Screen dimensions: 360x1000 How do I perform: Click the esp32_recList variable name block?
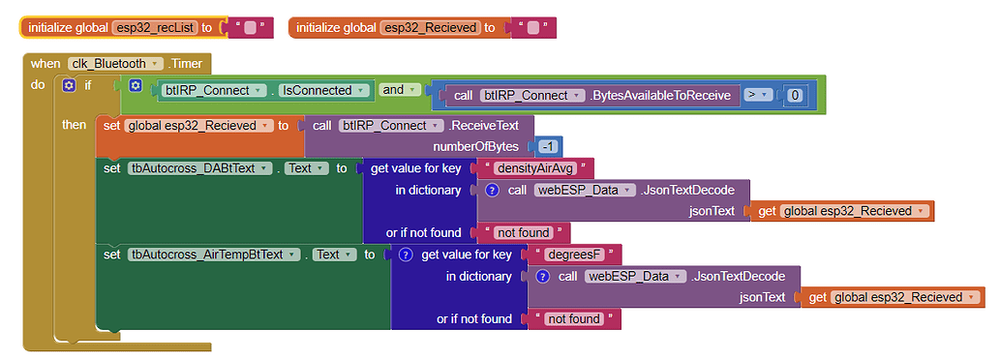point(154,28)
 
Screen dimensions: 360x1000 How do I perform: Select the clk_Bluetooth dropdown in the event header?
point(114,64)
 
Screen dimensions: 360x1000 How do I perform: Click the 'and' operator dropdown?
point(398,90)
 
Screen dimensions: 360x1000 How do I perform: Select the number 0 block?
point(794,95)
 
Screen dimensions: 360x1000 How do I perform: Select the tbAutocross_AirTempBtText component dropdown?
point(212,255)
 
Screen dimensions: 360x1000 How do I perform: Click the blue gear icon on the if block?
point(69,85)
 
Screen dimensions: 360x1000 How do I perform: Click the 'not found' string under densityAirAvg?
point(522,232)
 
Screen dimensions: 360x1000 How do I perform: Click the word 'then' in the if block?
point(74,125)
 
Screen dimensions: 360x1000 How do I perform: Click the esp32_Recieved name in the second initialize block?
point(431,28)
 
